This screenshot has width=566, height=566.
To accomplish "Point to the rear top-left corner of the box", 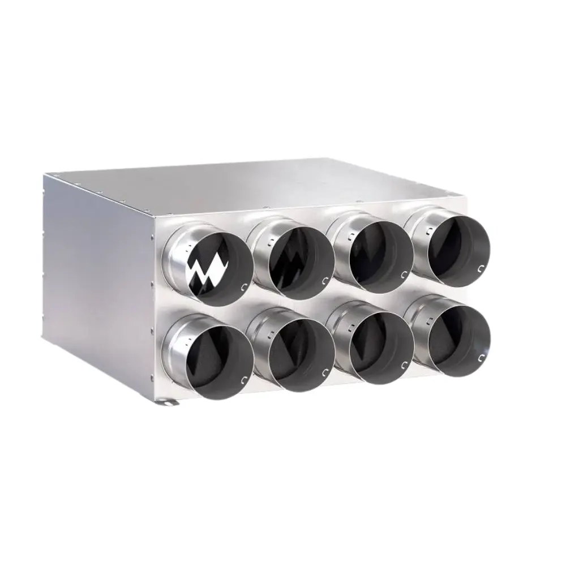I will click(45, 175).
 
